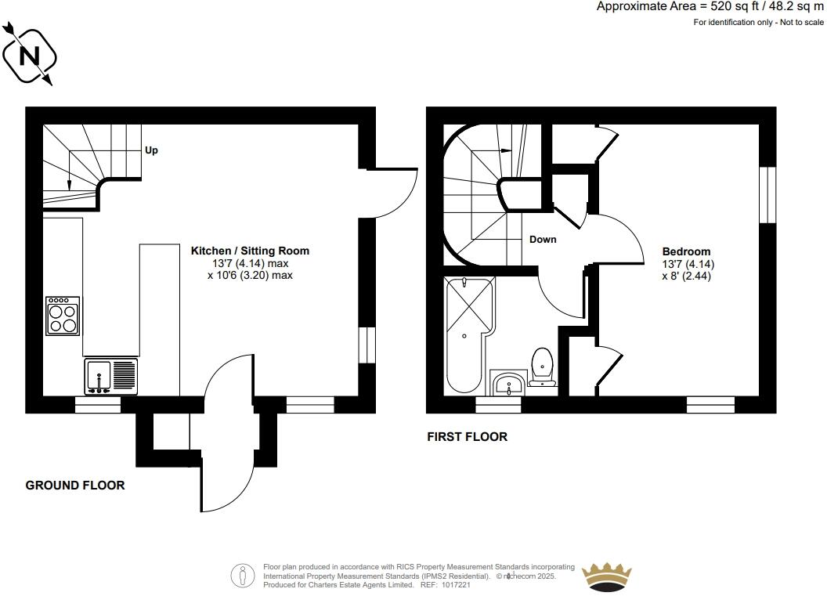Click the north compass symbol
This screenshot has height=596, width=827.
(29, 56)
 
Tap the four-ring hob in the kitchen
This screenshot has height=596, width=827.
(63, 316)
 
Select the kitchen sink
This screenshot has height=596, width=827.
(110, 377)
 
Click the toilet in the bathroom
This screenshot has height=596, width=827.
(542, 367)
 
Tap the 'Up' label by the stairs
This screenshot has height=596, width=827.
(151, 150)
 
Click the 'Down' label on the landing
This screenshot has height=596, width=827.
(543, 239)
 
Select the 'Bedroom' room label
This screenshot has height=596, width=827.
(687, 251)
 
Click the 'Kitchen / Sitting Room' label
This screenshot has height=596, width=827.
(251, 251)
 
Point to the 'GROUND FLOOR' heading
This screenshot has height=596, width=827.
(75, 486)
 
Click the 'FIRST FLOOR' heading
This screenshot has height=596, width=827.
(467, 437)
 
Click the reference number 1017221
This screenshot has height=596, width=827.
(455, 585)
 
